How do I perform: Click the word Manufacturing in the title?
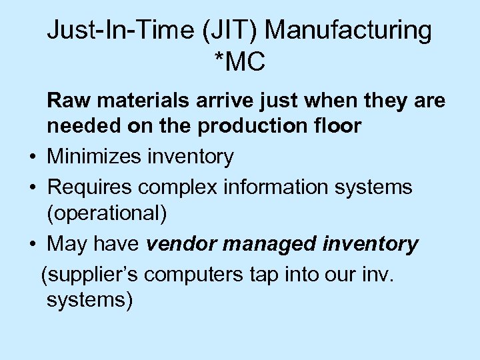click(352, 31)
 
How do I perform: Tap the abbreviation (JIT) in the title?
click(236, 31)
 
